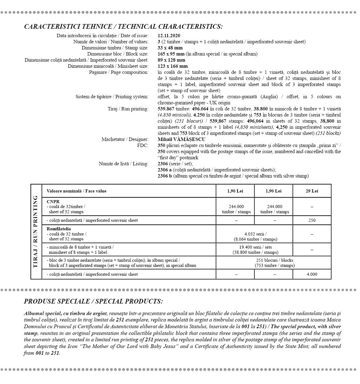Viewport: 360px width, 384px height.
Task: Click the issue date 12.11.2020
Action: pos(169,36)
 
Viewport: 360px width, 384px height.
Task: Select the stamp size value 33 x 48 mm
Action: pos(170,48)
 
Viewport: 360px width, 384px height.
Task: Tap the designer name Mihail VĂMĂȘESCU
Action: pos(181,139)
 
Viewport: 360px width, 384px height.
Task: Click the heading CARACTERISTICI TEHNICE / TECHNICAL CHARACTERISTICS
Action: pos(123,26)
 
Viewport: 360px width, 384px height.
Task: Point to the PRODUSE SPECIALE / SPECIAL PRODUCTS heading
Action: pos(93,301)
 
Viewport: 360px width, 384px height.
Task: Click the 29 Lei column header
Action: pos(312,191)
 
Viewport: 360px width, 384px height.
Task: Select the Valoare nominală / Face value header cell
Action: pos(76,191)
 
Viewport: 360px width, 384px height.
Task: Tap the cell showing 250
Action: pos(312,220)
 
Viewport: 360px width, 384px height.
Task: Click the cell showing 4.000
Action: pos(312,274)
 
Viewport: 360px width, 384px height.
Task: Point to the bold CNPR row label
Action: pos(53,202)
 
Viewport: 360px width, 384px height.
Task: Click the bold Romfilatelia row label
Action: pos(59,229)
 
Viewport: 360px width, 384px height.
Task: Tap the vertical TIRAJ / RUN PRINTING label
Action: pos(36,232)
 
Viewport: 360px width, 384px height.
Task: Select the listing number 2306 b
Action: pos(165,176)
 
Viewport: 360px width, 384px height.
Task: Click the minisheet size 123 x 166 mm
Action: pos(173,66)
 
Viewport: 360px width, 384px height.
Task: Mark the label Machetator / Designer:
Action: pos(125,139)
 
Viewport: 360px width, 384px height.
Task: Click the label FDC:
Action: pos(142,145)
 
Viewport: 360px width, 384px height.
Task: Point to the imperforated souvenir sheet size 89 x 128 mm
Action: pos(171,60)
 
